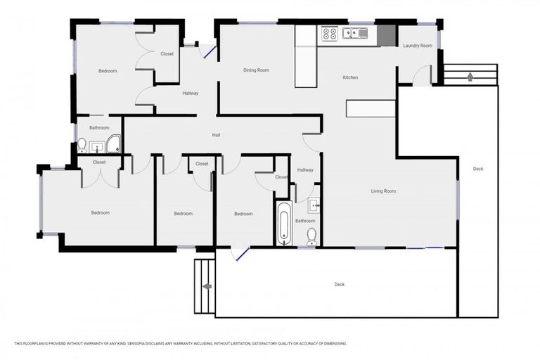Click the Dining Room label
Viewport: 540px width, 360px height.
coord(256,70)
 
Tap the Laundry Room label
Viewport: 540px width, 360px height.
coord(416,46)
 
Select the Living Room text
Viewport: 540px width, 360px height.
coord(383,191)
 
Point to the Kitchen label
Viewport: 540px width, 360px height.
coord(350,77)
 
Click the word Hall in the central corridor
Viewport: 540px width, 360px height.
coord(217,135)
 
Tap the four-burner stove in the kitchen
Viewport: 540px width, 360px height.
coord(329,32)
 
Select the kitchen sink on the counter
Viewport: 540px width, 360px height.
coord(354,32)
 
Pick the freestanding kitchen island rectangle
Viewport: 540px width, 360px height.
coord(371,108)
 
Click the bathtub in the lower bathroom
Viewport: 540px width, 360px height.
coord(283,224)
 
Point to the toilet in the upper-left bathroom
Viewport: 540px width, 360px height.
coord(82,146)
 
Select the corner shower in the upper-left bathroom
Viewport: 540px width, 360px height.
coord(113,146)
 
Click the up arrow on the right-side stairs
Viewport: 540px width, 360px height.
coord(470,76)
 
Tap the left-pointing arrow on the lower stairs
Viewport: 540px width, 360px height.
coord(207,286)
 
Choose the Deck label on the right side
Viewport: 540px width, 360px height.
coord(478,169)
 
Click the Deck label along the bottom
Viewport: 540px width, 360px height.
coord(339,285)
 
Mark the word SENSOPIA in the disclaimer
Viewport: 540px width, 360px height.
coord(138,344)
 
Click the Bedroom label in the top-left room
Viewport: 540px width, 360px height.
coord(108,71)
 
